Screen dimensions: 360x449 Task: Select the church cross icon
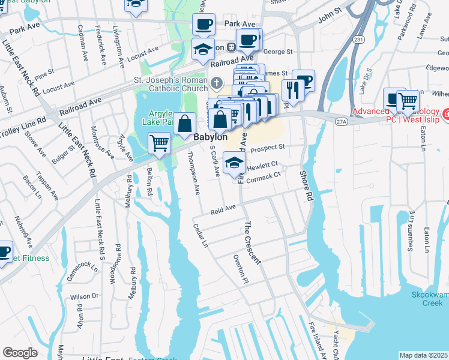[215, 82]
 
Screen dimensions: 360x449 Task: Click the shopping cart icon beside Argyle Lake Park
[158, 143]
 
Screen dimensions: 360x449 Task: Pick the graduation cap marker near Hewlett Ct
[235, 162]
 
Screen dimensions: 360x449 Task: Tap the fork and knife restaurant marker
[291, 89]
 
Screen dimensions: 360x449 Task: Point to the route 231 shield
[357, 38]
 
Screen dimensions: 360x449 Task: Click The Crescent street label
[252, 243]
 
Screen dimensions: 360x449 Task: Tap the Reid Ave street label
[222, 209]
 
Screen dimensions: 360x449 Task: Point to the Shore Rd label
[307, 186]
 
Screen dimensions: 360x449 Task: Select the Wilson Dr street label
[84, 296]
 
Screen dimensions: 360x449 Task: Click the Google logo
[20, 353]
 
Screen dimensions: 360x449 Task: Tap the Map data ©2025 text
[424, 355]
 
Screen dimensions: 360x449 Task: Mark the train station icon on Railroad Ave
[231, 47]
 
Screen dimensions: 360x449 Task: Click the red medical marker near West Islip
[445, 113]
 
